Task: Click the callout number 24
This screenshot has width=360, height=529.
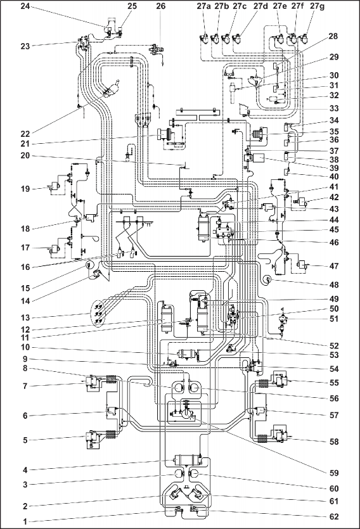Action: [x=25, y=6]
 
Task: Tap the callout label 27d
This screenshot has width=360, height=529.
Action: [x=260, y=6]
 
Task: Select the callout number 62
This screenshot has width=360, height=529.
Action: [x=333, y=516]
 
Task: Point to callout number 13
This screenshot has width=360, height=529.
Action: [x=25, y=317]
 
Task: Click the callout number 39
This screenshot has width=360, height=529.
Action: [x=333, y=168]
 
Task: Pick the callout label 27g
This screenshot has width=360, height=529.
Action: [x=317, y=6]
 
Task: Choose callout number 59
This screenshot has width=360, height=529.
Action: [x=333, y=473]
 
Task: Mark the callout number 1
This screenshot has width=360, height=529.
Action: [x=25, y=521]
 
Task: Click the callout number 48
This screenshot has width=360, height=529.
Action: [x=333, y=284]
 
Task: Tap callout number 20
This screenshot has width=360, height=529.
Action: [x=25, y=155]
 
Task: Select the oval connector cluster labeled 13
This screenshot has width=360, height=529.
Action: [x=100, y=314]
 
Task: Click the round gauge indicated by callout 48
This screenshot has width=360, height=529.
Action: [x=267, y=279]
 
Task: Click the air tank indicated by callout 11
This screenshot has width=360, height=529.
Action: [x=166, y=319]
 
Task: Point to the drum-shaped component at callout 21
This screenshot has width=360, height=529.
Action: [x=164, y=134]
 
